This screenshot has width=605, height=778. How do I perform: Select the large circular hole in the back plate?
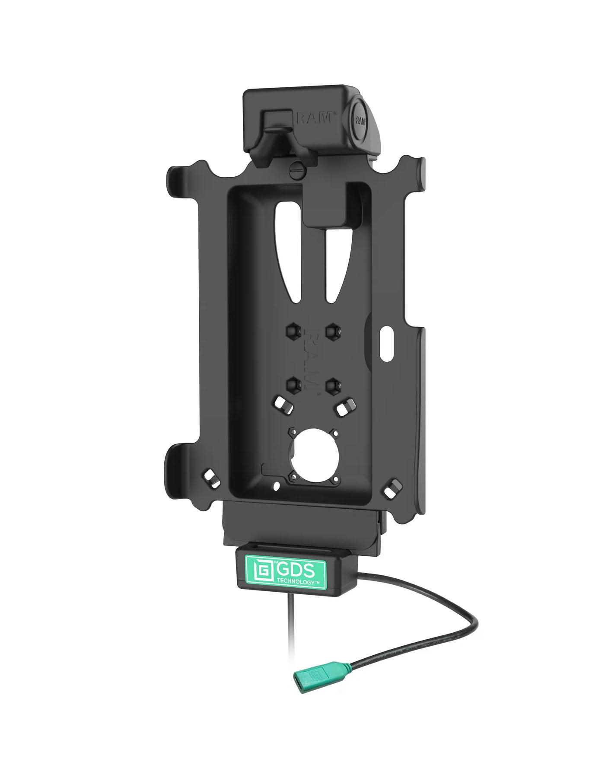(312, 453)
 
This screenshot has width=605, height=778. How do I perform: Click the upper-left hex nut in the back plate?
(292, 332)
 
